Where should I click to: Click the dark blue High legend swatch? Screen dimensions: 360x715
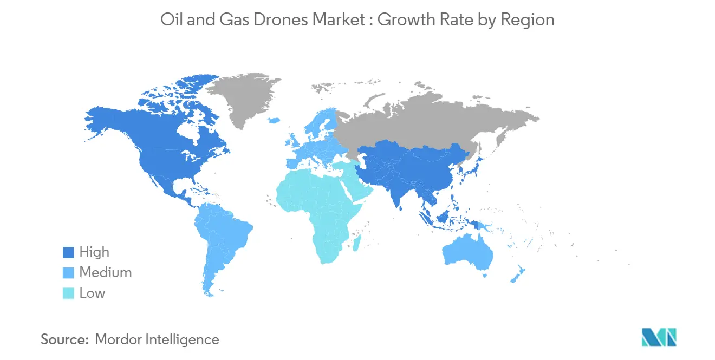(x=68, y=252)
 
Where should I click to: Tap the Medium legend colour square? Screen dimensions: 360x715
(x=68, y=273)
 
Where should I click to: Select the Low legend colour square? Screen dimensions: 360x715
(x=68, y=293)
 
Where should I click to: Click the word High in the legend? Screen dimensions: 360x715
(x=94, y=252)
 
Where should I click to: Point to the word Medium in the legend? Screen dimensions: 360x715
(x=105, y=273)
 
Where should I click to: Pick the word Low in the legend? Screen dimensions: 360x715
(x=92, y=293)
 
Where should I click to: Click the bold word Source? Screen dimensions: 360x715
(x=64, y=339)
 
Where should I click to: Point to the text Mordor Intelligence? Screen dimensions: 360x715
(x=157, y=339)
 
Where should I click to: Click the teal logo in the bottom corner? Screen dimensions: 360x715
(x=659, y=338)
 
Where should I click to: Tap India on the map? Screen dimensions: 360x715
(x=400, y=189)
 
